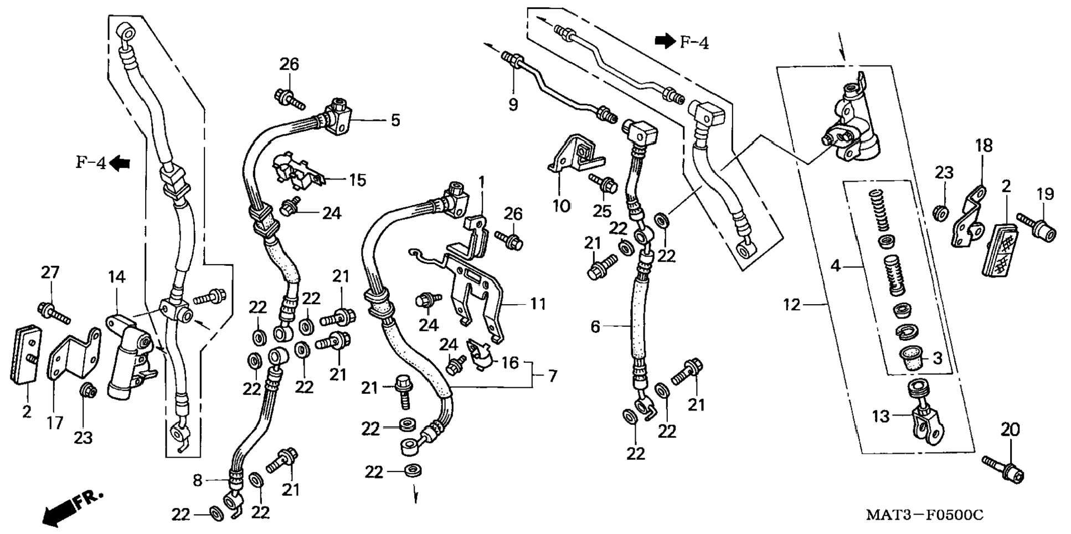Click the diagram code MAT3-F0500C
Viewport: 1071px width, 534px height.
[x=924, y=515]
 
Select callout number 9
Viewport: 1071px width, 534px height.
[x=513, y=104]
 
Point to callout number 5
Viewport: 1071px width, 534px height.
[x=395, y=120]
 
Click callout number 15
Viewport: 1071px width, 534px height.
[x=358, y=180]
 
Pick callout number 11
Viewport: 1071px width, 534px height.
[x=538, y=304]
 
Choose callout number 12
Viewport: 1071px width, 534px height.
[x=792, y=304]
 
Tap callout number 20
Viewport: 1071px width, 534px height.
[x=1010, y=429]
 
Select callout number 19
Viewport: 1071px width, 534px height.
[x=1045, y=194]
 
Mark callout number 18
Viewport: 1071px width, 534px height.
[x=984, y=146]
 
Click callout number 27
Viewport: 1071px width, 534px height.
[x=50, y=272]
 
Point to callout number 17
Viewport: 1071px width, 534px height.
[x=54, y=423]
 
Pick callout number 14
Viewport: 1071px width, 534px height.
[x=117, y=277]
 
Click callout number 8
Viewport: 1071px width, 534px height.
[x=198, y=480]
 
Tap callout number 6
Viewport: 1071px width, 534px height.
[x=595, y=326]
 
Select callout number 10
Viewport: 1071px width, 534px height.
[x=561, y=206]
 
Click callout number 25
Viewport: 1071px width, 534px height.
[x=603, y=210]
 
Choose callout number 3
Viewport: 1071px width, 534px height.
[x=937, y=358]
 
